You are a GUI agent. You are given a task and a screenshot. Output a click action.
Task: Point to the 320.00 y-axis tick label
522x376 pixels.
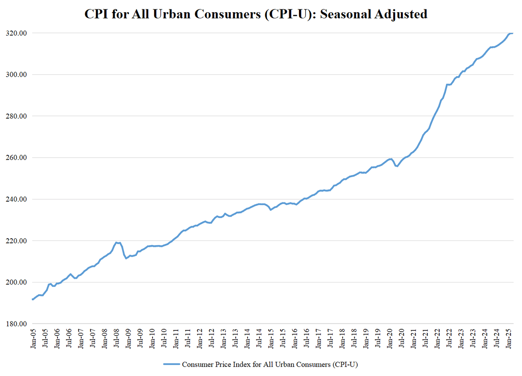point(18,33)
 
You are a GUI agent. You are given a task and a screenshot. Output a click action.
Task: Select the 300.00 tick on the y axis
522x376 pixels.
point(18,75)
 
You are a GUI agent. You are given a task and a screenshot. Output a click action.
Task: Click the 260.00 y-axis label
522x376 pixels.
point(18,158)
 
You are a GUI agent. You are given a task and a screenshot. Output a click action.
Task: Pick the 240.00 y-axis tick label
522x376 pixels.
point(18,199)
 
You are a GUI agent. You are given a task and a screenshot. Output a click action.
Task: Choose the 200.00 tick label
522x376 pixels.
point(18,282)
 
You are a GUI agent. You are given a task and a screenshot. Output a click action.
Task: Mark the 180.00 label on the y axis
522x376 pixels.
point(18,324)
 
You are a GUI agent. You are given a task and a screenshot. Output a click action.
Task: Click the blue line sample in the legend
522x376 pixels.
point(171,364)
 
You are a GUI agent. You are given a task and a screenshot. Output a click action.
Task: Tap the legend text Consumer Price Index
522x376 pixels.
point(212,364)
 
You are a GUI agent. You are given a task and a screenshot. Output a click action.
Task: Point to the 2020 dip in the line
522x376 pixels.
point(397,166)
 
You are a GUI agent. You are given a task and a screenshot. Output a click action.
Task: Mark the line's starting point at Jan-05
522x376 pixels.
point(33,299)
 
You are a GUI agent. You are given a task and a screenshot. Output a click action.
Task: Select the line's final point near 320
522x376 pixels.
point(512,33)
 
